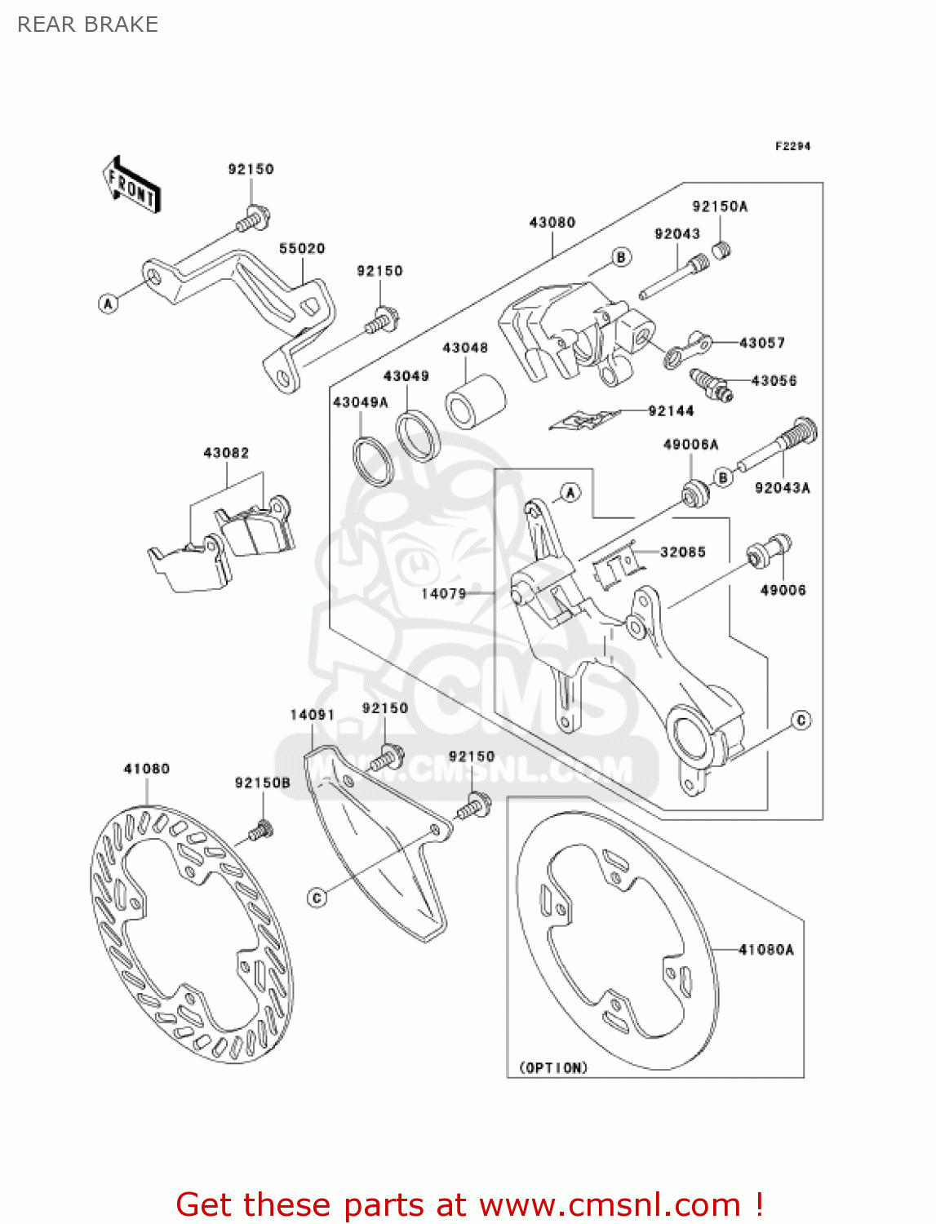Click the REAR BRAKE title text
pyautogui.click(x=87, y=24)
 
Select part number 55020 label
pyautogui.click(x=301, y=248)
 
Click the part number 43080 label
pyautogui.click(x=552, y=222)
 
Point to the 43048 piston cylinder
pyautogui.click(x=474, y=400)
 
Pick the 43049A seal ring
pyautogui.click(x=373, y=462)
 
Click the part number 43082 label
pyautogui.click(x=226, y=452)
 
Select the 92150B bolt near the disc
pyautogui.click(x=260, y=832)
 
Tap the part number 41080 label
pyautogui.click(x=146, y=768)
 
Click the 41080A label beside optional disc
pyautogui.click(x=765, y=949)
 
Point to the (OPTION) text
pyautogui.click(x=553, y=1067)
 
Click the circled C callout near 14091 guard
pyautogui.click(x=317, y=898)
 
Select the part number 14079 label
pyautogui.click(x=443, y=593)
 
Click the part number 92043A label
pyautogui.click(x=782, y=488)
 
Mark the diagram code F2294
pyautogui.click(x=792, y=146)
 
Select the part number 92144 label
pyautogui.click(x=671, y=410)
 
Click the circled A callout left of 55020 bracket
pyautogui.click(x=108, y=304)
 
